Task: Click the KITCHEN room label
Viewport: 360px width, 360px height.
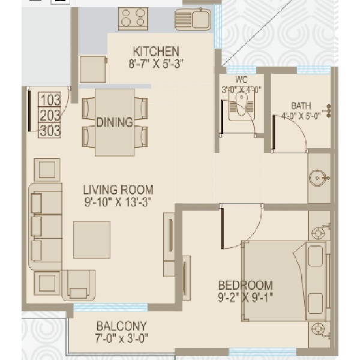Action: click(156, 52)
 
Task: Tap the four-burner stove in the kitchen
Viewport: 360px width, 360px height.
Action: click(133, 19)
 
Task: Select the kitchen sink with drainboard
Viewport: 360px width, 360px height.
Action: click(193, 20)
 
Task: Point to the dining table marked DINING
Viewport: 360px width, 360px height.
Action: click(115, 122)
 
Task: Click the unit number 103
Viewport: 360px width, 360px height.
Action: click(50, 100)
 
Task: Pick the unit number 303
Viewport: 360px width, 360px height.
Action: click(50, 130)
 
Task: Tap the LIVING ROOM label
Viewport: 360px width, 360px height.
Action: click(118, 190)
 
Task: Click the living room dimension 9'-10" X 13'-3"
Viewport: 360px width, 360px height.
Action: click(118, 202)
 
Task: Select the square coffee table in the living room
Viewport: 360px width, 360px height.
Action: click(92, 239)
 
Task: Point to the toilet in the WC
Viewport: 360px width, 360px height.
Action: click(241, 107)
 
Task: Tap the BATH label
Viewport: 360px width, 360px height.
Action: click(301, 106)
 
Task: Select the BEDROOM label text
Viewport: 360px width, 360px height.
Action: click(245, 286)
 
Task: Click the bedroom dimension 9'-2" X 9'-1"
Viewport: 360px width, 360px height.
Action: click(245, 298)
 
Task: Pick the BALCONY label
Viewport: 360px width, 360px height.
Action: click(121, 326)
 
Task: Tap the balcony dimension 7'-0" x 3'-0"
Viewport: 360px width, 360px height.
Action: click(122, 338)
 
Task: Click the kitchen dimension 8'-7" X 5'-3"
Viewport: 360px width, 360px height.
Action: click(156, 64)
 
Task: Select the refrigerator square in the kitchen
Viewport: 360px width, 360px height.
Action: click(93, 70)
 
